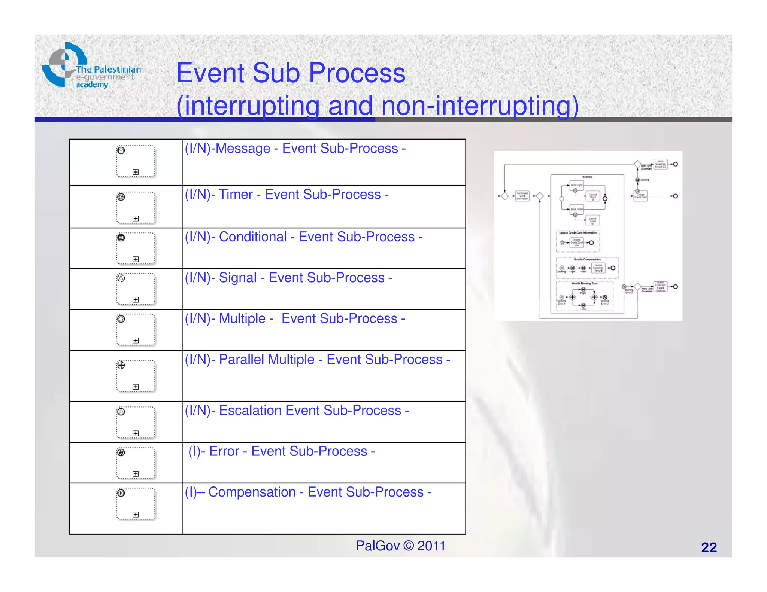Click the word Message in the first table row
tap(243, 149)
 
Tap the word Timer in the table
tap(236, 195)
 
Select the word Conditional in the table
tap(253, 237)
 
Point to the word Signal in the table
tap(238, 278)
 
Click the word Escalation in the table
tap(250, 411)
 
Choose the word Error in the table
tap(224, 451)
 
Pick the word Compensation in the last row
tap(252, 492)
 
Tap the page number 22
tap(709, 547)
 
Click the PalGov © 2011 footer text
tap(400, 546)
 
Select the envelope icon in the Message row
tap(121, 150)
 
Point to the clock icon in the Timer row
tap(121, 197)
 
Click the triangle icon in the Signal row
tap(121, 278)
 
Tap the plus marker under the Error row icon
tap(136, 474)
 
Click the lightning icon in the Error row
tap(121, 452)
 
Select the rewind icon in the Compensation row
tap(121, 493)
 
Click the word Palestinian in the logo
tap(117, 70)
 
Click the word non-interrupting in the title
tap(480, 106)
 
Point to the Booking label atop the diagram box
tap(587, 177)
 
